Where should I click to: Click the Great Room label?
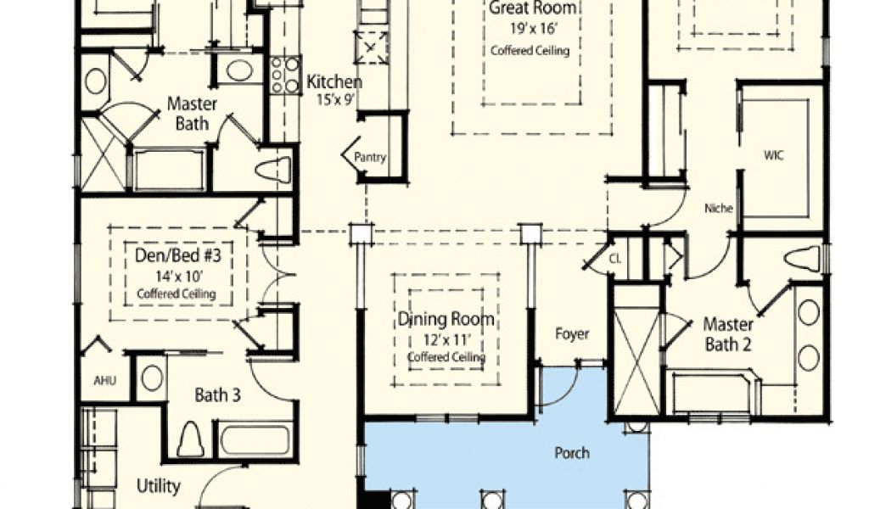pyautogui.click(x=532, y=8)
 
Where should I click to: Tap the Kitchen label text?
pyautogui.click(x=334, y=82)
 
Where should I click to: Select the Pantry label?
pyautogui.click(x=370, y=157)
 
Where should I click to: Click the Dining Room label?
pyautogui.click(x=446, y=320)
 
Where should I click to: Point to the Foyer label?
pyautogui.click(x=572, y=334)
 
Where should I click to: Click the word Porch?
pyautogui.click(x=572, y=453)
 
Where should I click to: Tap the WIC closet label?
pyautogui.click(x=774, y=155)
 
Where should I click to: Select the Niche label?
pyautogui.click(x=719, y=208)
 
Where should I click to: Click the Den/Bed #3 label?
pyautogui.click(x=178, y=255)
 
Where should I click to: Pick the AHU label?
pyautogui.click(x=104, y=381)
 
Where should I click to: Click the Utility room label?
pyautogui.click(x=159, y=486)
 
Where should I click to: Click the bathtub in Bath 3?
pyautogui.click(x=255, y=439)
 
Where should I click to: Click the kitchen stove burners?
pyautogui.click(x=285, y=74)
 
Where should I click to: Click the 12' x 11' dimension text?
pyautogui.click(x=446, y=339)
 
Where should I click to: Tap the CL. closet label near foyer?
pyautogui.click(x=615, y=258)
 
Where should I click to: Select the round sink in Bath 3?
pyautogui.click(x=151, y=378)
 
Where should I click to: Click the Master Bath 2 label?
pyautogui.click(x=728, y=334)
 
